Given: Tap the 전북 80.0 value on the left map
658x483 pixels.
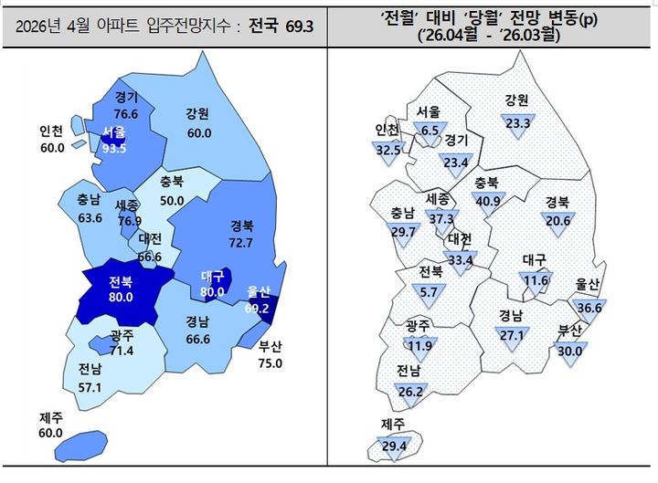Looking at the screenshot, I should point(122,297).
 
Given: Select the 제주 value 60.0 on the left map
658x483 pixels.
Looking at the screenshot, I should point(51,433).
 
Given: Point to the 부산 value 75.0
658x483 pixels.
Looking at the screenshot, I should point(271,362).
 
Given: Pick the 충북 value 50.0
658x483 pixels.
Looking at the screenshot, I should point(172,201).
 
